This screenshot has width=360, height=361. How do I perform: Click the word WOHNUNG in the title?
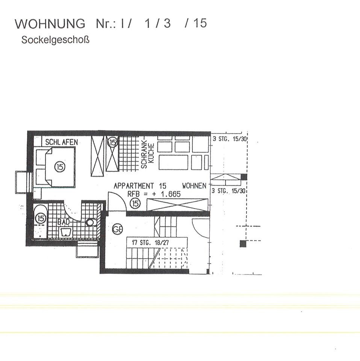[x=50, y=23]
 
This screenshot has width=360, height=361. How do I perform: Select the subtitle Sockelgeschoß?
[x=55, y=40]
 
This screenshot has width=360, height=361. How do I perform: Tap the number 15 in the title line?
[x=200, y=23]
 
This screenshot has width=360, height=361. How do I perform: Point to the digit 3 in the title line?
[x=167, y=23]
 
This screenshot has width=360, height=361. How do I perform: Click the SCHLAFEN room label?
[x=62, y=142]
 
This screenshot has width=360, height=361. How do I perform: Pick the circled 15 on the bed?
[x=60, y=167]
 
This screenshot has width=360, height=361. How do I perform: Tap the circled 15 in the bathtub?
[x=41, y=218]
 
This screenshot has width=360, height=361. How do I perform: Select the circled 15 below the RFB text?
[x=135, y=203]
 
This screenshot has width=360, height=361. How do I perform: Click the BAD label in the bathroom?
[x=64, y=222]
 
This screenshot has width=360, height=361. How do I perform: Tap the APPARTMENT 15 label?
[x=140, y=186]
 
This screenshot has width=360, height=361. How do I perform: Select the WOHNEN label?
[x=194, y=185]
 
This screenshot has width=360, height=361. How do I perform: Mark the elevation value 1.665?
[x=171, y=194]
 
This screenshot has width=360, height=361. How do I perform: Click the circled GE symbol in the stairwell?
[x=117, y=229]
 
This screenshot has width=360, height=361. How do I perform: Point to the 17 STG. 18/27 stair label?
[x=150, y=243]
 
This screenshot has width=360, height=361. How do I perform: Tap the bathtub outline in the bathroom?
[x=41, y=221]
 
